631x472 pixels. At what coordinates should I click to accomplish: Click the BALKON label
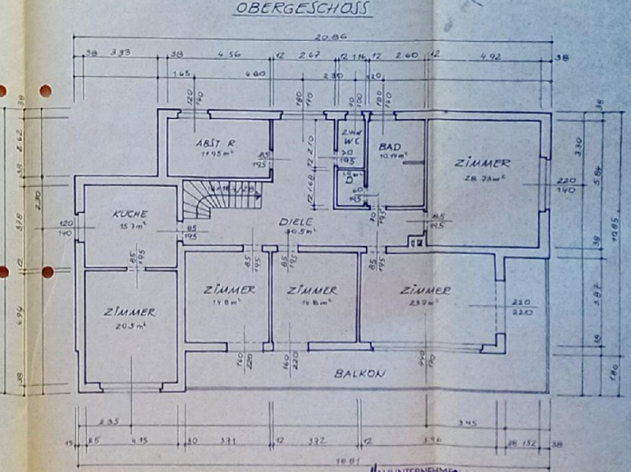359,373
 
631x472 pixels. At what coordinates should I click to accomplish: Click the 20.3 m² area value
130,325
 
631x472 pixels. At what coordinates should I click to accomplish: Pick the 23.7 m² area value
424,302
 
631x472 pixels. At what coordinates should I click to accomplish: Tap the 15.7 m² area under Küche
131,225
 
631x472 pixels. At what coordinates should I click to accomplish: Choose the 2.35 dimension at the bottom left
108,423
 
